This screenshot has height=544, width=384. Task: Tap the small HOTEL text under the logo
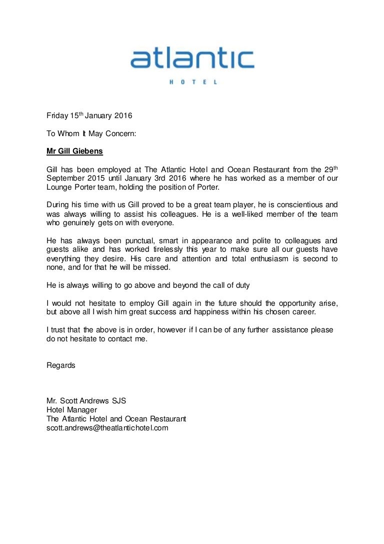pos(192,82)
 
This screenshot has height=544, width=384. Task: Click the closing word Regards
pos(61,365)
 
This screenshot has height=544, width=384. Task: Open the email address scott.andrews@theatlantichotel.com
pos(107,428)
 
